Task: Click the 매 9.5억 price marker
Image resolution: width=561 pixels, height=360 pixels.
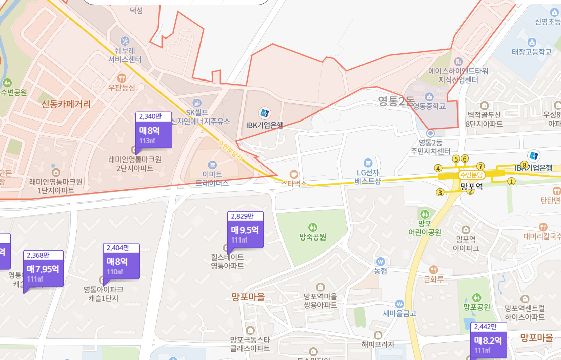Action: pos(246,231)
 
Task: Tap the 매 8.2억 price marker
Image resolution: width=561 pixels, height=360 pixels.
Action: pos(489,341)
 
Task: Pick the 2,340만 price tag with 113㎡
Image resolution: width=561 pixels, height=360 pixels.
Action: pos(153,131)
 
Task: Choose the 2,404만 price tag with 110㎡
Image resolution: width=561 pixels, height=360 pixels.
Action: pos(121,262)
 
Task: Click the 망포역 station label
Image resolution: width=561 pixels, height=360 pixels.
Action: pos(472,186)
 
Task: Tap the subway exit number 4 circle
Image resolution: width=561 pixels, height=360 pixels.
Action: pos(438,168)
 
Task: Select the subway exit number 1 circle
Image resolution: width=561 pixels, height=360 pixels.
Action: pos(511,181)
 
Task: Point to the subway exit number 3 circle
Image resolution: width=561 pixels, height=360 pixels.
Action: pos(440,192)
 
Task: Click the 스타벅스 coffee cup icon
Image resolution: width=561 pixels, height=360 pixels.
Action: pos(294,174)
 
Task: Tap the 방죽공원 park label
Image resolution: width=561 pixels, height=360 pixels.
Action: pos(312,237)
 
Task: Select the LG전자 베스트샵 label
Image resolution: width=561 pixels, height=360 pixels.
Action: pos(368,177)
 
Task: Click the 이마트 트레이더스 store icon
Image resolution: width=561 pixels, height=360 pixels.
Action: pos(212,165)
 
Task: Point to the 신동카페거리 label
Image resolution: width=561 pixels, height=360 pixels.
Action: pos(66,104)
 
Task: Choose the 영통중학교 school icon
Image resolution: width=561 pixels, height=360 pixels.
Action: pos(429,96)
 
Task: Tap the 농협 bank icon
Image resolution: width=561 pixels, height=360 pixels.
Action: pos(381,261)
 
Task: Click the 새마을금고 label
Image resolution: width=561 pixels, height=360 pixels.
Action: pos(399,313)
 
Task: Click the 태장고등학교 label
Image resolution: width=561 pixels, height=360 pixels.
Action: pos(531,52)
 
